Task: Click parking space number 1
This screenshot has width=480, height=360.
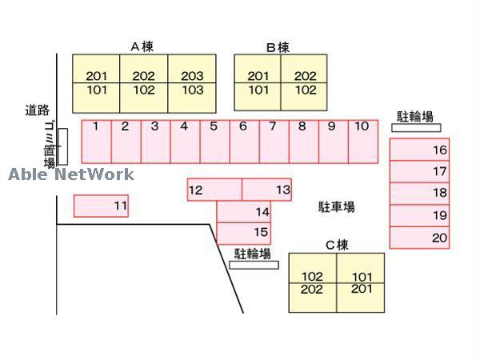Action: pyautogui.click(x=96, y=142)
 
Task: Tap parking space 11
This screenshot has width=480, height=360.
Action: pyautogui.click(x=101, y=206)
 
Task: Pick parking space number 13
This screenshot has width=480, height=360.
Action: pyautogui.click(x=266, y=190)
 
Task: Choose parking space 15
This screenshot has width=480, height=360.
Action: pyautogui.click(x=244, y=233)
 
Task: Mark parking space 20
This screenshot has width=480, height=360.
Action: pyautogui.click(x=419, y=238)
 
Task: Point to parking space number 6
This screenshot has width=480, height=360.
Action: pyautogui.click(x=244, y=142)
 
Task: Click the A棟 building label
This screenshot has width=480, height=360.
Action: pyautogui.click(x=142, y=46)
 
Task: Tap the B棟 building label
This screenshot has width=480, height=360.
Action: pyautogui.click(x=278, y=47)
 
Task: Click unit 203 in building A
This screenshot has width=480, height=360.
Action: pyautogui.click(x=192, y=76)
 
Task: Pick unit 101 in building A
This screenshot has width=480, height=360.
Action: pyautogui.click(x=96, y=90)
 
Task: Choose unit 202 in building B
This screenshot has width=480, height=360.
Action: pyautogui.click(x=305, y=76)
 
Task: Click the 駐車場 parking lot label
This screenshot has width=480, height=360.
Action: pyautogui.click(x=336, y=207)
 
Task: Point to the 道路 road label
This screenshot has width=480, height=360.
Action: pyautogui.click(x=37, y=110)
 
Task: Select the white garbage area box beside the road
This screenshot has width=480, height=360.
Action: pyautogui.click(x=62, y=146)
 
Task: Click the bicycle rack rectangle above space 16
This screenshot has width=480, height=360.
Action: pyautogui.click(x=416, y=127)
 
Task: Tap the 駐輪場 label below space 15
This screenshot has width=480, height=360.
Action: pyautogui.click(x=252, y=254)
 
